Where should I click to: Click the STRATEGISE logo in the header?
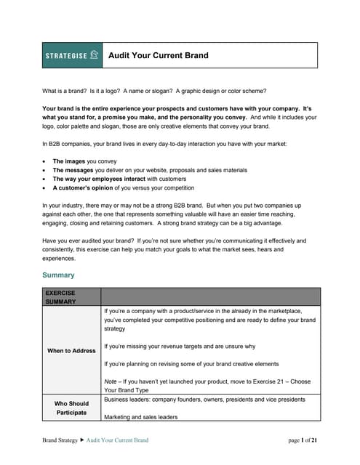point(72,55)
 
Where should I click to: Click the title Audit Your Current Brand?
point(158,55)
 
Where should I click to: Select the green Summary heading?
point(58,275)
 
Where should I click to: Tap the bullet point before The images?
point(45,161)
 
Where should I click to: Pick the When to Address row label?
point(71,350)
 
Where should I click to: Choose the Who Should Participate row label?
point(71,408)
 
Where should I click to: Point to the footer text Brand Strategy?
point(62,440)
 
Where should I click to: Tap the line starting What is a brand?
point(154,91)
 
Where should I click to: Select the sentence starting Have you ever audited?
point(174,240)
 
